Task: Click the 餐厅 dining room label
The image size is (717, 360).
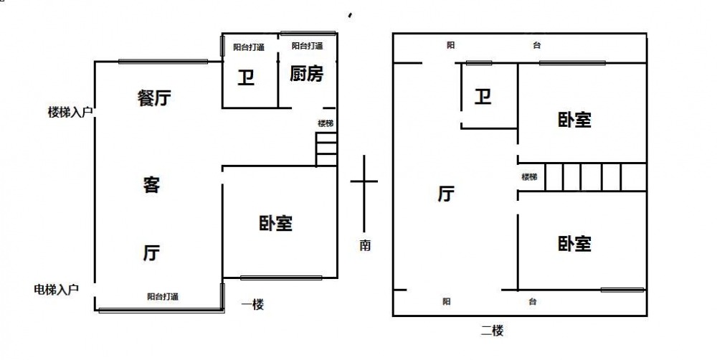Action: tap(155, 98)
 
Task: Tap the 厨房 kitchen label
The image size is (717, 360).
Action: tap(306, 74)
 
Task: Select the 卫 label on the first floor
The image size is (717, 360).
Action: tap(246, 78)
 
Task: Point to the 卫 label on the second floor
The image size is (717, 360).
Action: tap(483, 97)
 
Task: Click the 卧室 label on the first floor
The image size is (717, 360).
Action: tap(276, 224)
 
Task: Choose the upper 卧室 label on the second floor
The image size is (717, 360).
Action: tap(575, 120)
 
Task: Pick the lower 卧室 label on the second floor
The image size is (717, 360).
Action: tap(575, 244)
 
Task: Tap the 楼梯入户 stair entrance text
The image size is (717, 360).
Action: tap(70, 112)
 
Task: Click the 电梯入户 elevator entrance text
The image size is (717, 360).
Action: tap(57, 290)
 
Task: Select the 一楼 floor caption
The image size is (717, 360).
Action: tap(252, 305)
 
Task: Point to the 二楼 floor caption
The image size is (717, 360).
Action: tap(492, 331)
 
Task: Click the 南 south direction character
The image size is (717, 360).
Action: tap(364, 246)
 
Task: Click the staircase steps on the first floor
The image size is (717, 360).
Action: tap(326, 149)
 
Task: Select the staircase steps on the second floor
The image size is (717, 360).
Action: tap(595, 177)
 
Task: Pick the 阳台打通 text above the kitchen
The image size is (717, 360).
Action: tap(308, 46)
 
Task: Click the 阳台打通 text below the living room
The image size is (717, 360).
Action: tap(163, 296)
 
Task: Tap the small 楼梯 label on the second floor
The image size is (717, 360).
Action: tap(530, 177)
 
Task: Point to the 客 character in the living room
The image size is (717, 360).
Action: tap(151, 186)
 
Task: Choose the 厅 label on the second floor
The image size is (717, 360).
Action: tap(446, 194)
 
